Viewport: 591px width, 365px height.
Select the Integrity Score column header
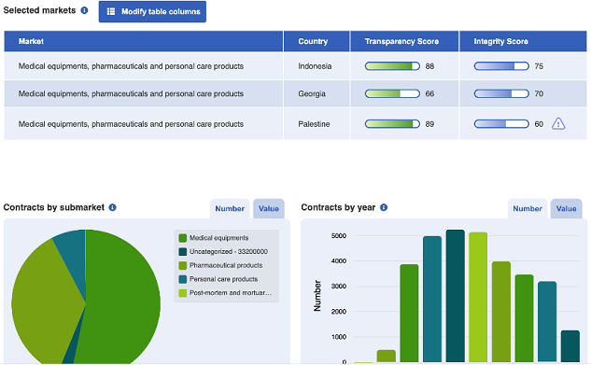tap(501, 41)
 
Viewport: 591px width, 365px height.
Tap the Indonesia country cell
tap(315, 66)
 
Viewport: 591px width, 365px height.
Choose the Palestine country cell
tap(314, 123)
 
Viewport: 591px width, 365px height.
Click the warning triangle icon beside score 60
tap(558, 123)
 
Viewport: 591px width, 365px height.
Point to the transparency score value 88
tap(429, 66)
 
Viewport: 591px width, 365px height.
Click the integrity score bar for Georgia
tap(501, 94)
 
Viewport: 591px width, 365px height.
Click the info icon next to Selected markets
tap(84, 11)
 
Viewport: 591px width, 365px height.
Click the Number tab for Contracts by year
tap(528, 209)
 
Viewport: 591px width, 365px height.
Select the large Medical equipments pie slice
tap(117, 299)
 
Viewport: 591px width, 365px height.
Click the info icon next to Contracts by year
tap(384, 207)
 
